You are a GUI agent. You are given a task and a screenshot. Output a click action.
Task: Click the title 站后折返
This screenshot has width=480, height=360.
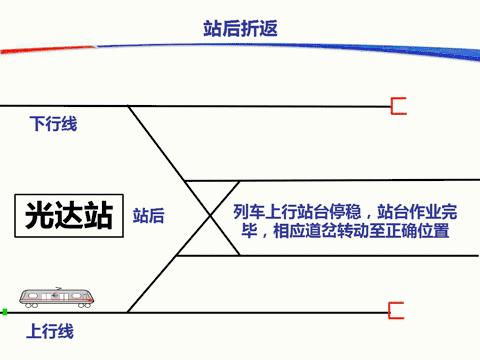pyautogui.click(x=239, y=28)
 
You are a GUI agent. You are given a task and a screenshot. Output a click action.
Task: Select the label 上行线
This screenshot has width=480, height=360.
pyautogui.click(x=50, y=331)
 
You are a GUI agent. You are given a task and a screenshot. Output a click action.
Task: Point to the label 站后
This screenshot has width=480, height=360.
pyautogui.click(x=149, y=215)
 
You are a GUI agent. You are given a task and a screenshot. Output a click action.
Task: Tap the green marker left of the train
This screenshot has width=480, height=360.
pyautogui.click(x=5, y=312)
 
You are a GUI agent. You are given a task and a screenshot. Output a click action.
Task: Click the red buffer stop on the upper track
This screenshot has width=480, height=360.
pyautogui.click(x=398, y=105)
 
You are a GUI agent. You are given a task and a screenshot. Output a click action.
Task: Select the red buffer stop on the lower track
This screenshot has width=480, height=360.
pyautogui.click(x=397, y=311)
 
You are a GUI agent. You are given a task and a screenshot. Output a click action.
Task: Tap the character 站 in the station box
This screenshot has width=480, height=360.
pyautogui.click(x=96, y=215)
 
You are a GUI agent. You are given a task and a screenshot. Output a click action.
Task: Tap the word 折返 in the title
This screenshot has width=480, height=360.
pyautogui.click(x=257, y=28)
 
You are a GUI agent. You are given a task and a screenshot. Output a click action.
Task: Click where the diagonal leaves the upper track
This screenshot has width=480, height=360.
pyautogui.click(x=130, y=106)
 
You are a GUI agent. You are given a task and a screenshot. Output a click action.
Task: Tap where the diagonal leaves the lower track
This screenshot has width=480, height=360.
pyautogui.click(x=130, y=311)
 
